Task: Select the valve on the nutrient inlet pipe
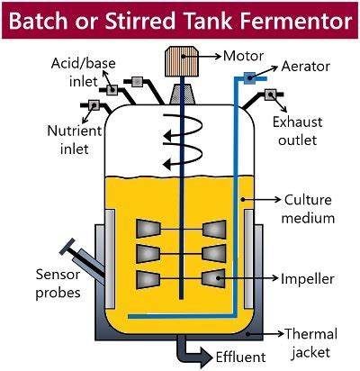(x=93, y=106)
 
